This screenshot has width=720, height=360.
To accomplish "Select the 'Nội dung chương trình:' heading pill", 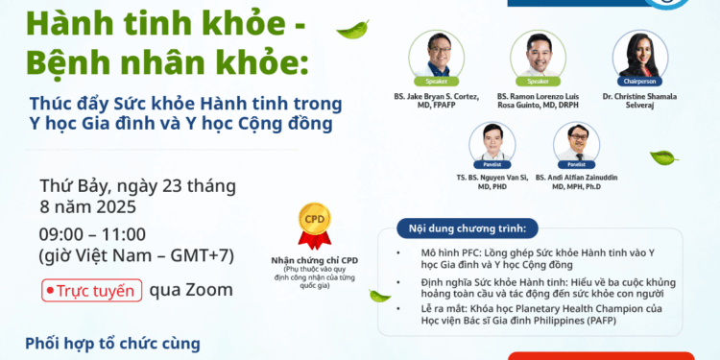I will coord(460,228).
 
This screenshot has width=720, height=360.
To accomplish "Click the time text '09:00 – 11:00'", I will coord(92,234).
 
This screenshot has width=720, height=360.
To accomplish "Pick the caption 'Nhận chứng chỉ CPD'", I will coord(314,260).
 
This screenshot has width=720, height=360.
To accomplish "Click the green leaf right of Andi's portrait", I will coord(663,156).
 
